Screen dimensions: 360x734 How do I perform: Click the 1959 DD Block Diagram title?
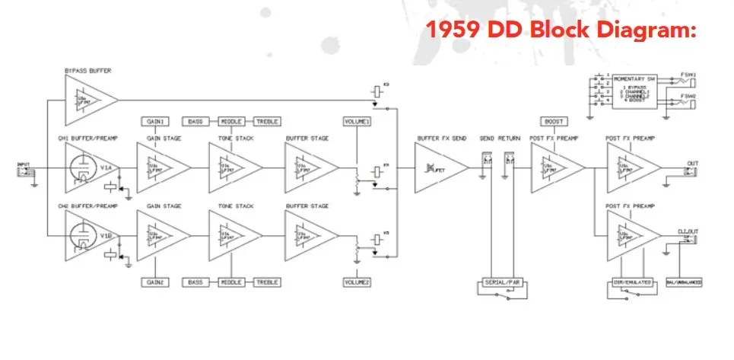tap(561, 31)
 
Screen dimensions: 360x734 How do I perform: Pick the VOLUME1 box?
tap(357, 122)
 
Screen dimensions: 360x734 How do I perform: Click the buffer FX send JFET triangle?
tap(439, 168)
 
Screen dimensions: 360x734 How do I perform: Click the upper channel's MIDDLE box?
tap(230, 122)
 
